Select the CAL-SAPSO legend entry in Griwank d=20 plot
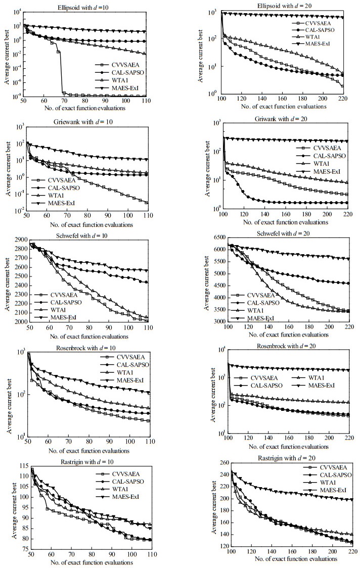click(x=328, y=157)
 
